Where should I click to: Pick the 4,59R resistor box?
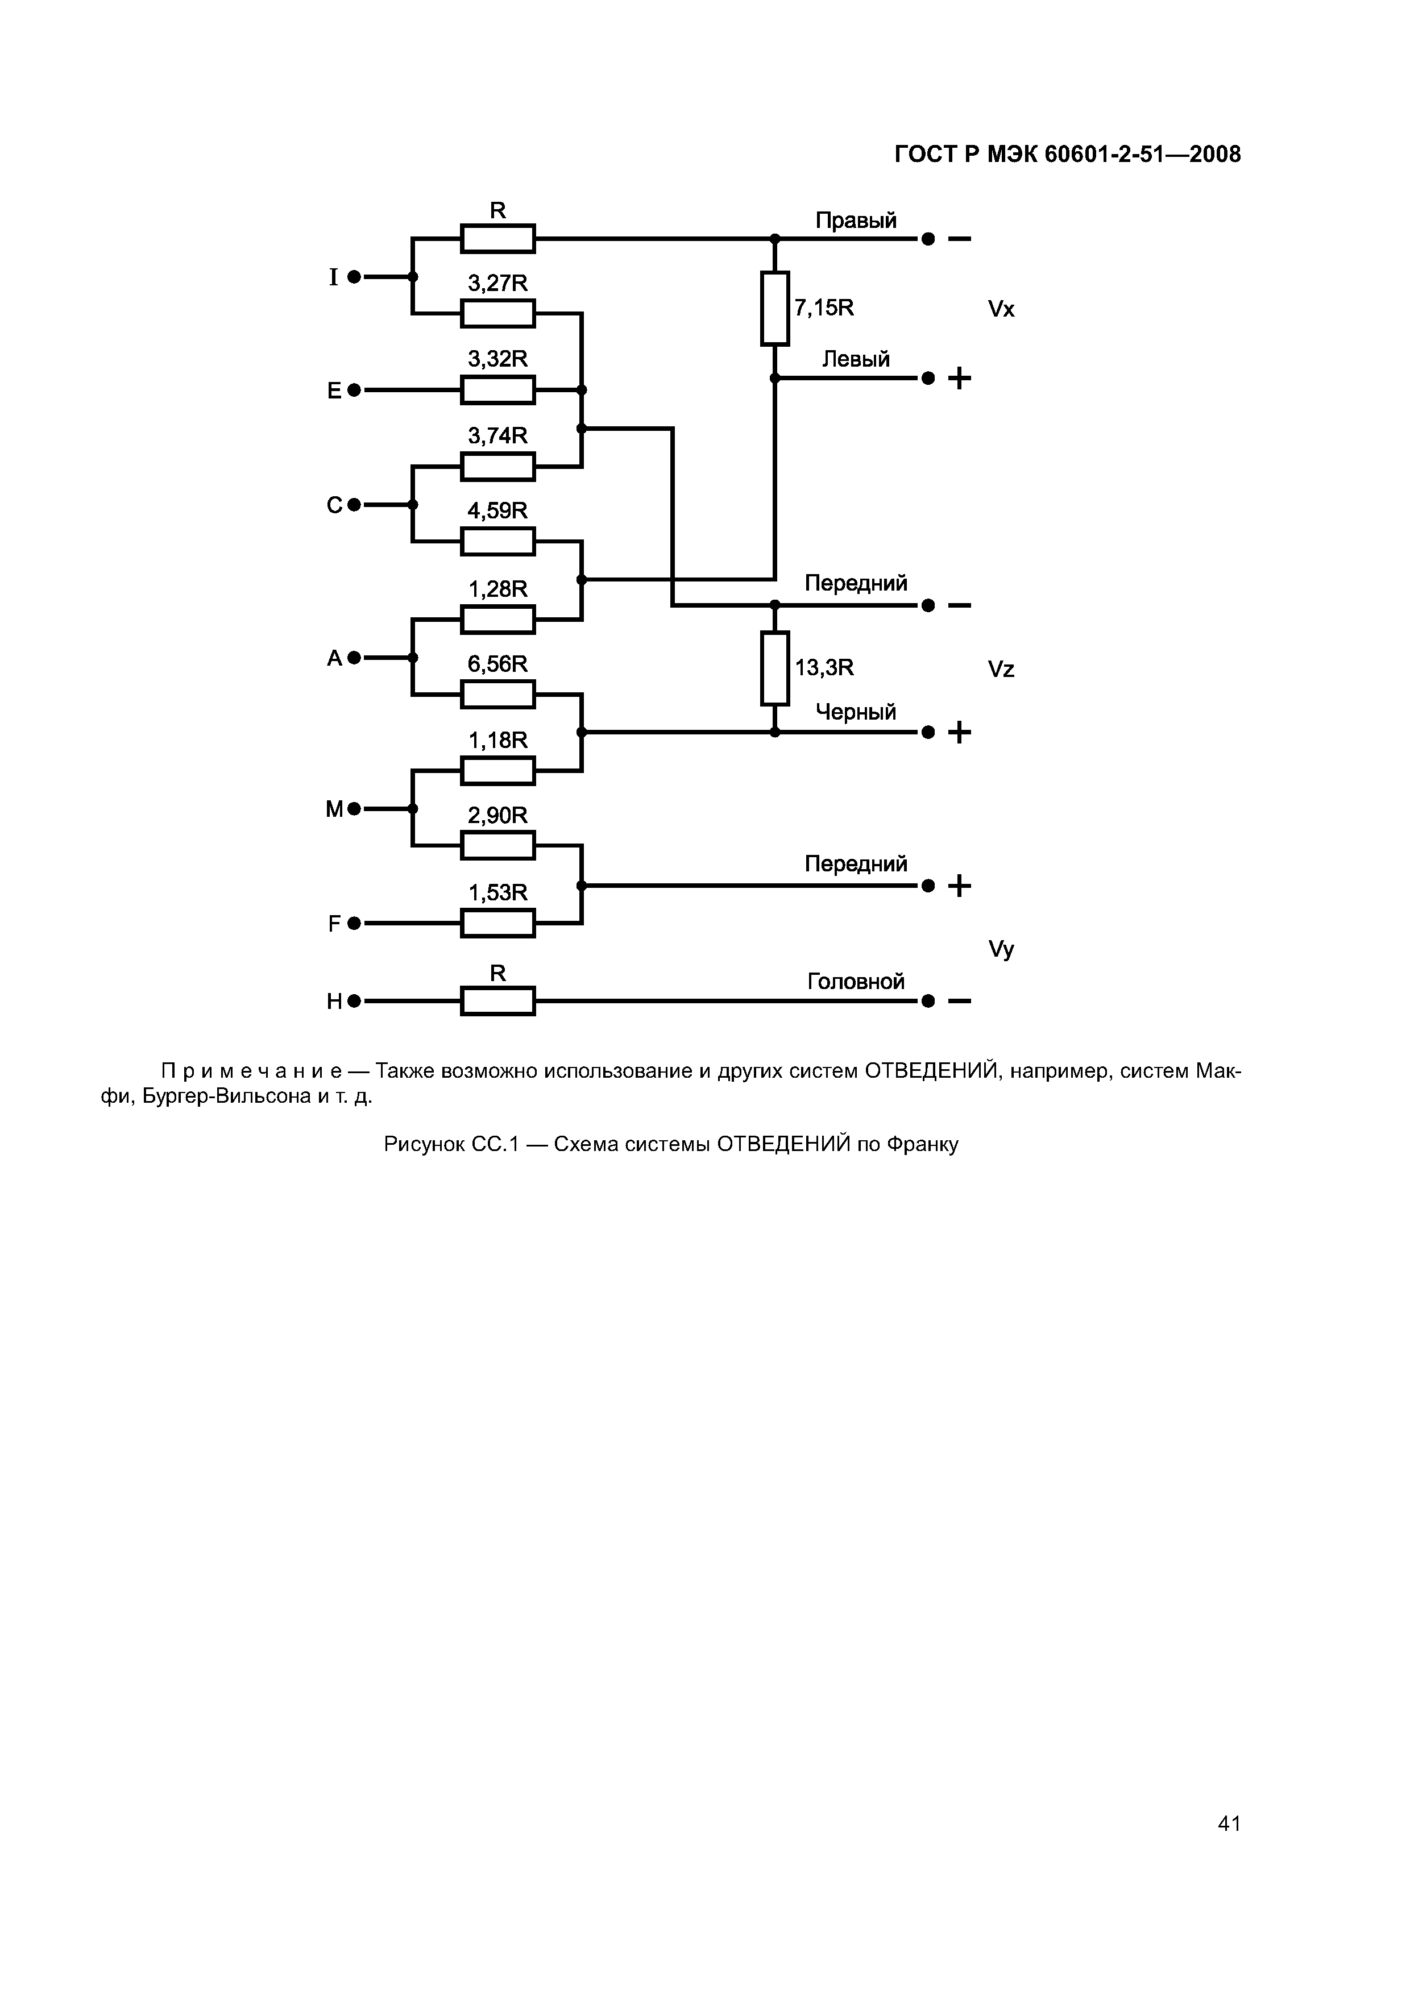click(498, 541)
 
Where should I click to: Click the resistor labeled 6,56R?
click(498, 695)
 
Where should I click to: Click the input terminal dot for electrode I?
click(354, 277)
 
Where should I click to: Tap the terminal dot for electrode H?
click(354, 1002)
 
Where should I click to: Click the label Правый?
click(856, 221)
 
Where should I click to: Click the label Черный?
click(856, 712)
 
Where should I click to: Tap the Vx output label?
click(1001, 309)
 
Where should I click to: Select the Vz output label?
click(1001, 670)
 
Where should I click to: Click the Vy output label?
click(1001, 950)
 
